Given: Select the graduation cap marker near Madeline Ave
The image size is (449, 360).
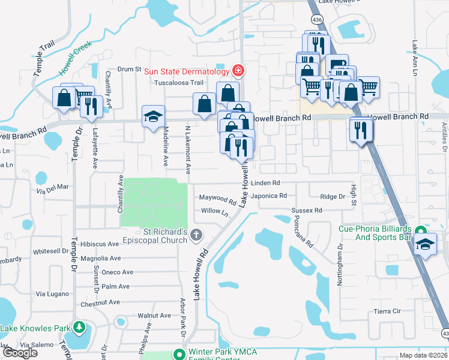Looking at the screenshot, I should (x=153, y=116).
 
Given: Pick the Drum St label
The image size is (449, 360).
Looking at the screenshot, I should (x=128, y=70).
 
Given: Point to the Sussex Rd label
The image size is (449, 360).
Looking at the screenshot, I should (x=307, y=211).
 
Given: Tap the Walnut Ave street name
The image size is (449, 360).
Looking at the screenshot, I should (x=154, y=315).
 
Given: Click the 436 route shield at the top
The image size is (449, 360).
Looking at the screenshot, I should (x=318, y=20).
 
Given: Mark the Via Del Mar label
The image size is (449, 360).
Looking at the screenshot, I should (x=53, y=191).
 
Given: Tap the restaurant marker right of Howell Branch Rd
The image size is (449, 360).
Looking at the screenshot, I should (x=361, y=131).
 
